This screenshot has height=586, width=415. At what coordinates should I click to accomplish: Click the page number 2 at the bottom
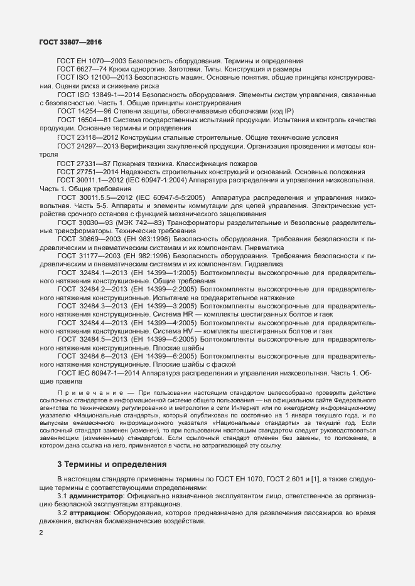click(41, 533)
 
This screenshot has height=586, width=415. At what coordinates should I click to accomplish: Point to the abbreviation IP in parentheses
click(262, 111)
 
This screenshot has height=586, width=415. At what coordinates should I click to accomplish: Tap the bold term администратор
click(98, 496)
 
